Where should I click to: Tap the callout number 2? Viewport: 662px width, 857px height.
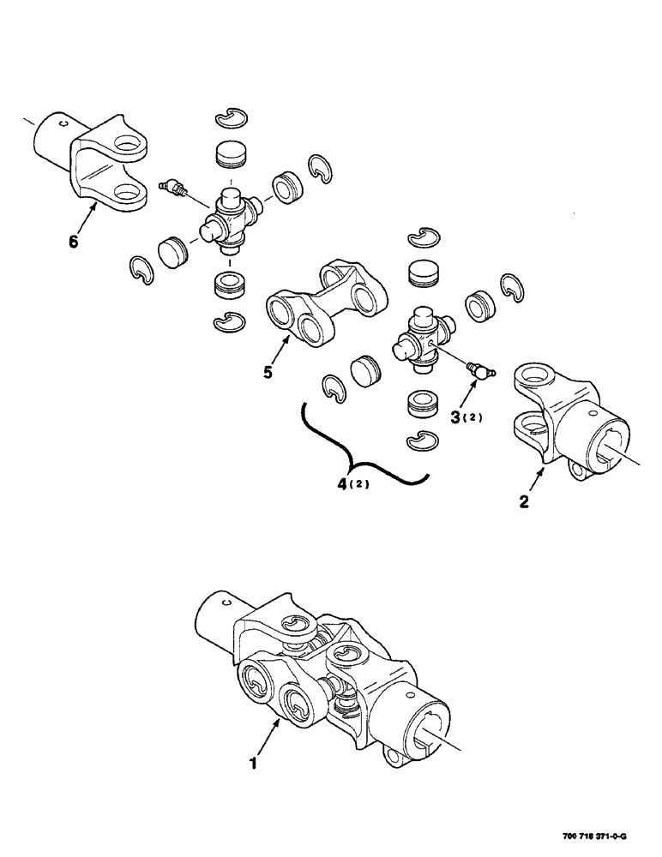525,501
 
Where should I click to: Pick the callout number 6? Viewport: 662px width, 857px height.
73,242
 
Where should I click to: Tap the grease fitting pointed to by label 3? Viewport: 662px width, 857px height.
477,370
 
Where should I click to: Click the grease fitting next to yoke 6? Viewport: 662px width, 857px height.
172,188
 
